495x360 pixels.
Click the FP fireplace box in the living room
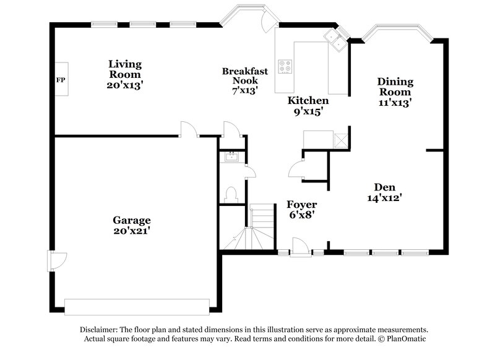coord(60,80)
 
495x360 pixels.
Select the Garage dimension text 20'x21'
coord(131,231)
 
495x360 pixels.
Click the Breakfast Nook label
coord(245,75)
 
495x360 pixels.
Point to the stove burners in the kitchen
coord(285,66)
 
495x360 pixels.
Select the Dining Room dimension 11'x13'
coord(395,103)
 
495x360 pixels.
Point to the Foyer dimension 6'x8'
coord(302,215)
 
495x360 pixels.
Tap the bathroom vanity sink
coord(231,157)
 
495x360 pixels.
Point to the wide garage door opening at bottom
coord(137,306)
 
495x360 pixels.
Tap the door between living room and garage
coord(187,129)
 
